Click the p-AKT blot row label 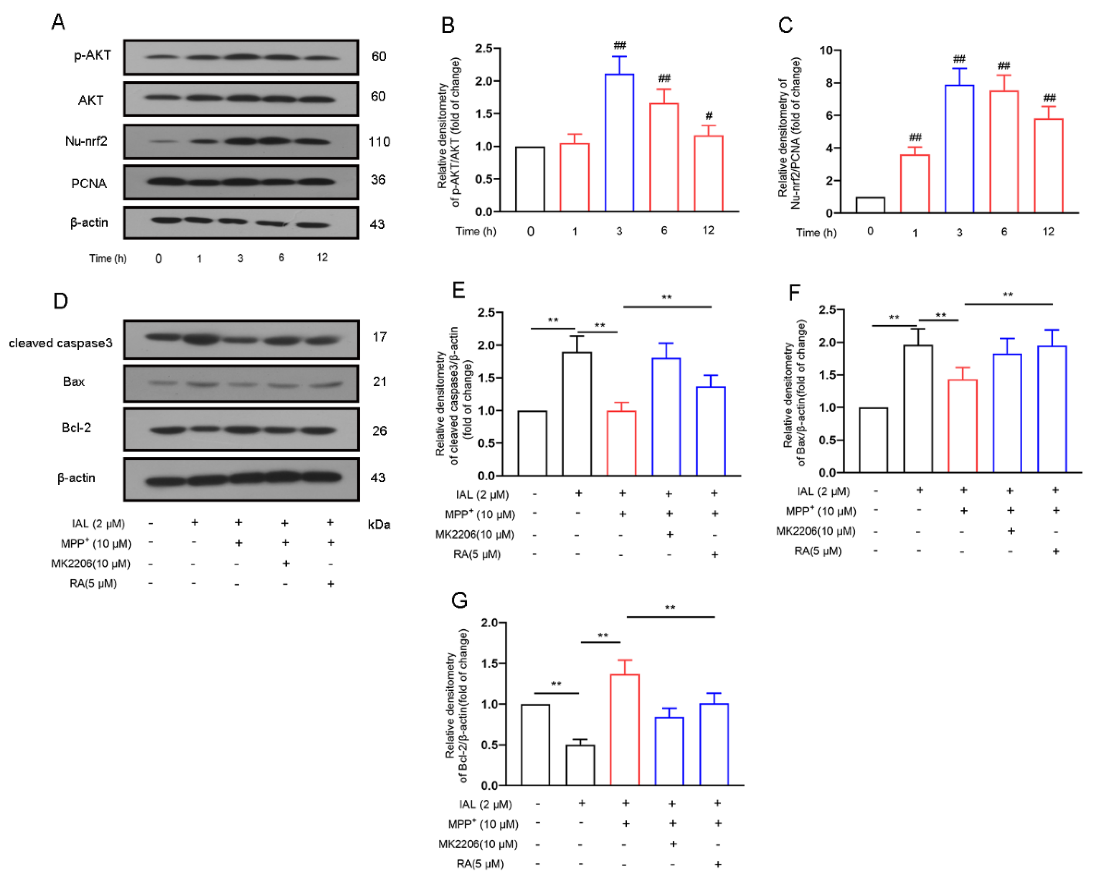[x=92, y=55]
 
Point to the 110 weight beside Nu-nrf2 [x=379, y=142]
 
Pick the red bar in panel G [x=625, y=730]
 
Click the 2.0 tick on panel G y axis [x=489, y=623]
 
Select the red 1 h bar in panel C [x=915, y=184]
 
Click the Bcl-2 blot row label [x=76, y=427]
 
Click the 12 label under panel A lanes [x=322, y=258]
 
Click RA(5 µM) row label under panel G [x=479, y=864]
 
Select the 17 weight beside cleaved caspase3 [x=379, y=337]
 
